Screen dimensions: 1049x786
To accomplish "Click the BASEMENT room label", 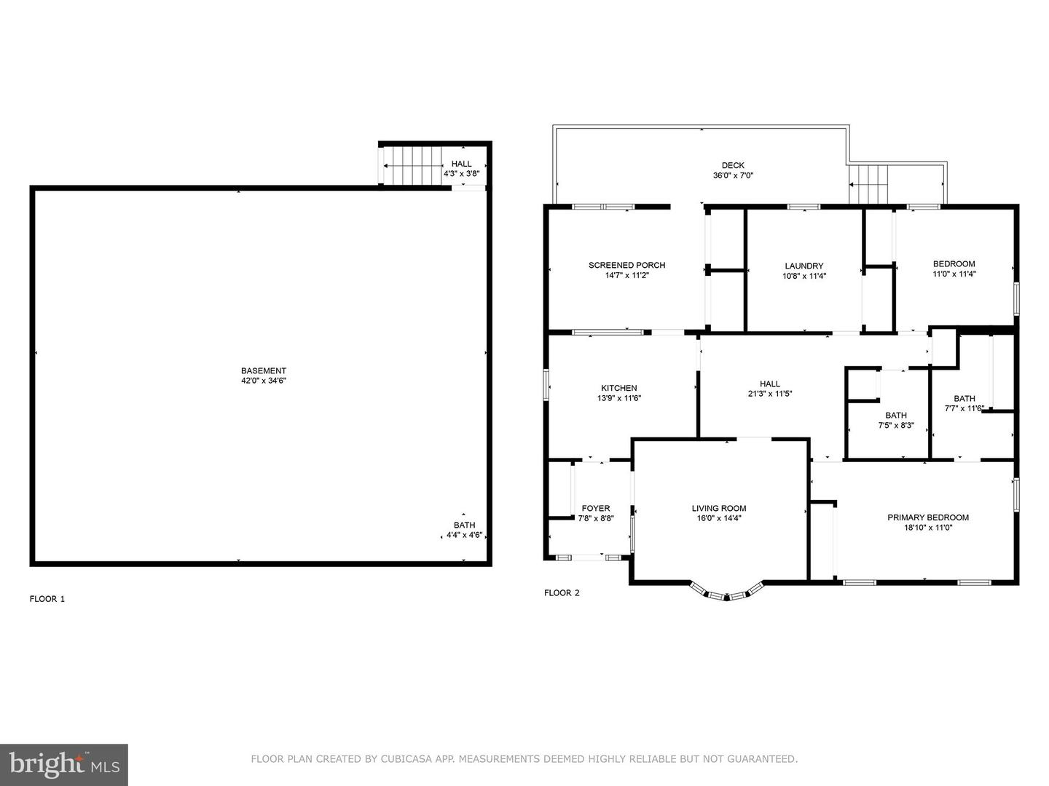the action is pos(263,370).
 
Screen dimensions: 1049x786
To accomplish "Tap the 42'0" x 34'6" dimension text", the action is pos(263,381).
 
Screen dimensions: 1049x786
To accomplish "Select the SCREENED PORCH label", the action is pos(626,265).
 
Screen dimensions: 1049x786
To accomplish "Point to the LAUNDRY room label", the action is pos(804,266).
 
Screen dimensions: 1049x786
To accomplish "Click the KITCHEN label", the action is pos(619,388).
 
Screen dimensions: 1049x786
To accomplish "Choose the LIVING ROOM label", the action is pos(719,508).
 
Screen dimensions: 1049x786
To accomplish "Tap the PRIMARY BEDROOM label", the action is pos(928,517).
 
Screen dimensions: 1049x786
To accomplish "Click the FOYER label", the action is pos(595,508).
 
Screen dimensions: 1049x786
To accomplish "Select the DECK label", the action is pos(733,165).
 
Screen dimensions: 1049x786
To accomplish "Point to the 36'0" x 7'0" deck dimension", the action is pos(733,175).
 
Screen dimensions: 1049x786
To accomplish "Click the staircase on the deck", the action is pos(868,184).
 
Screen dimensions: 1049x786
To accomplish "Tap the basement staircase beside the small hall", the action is pos(413,165).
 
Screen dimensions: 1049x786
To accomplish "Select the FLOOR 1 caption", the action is pos(47,599).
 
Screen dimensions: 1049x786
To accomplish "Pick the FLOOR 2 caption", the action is pos(562,592).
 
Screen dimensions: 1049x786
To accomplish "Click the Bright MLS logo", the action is pos(64,765).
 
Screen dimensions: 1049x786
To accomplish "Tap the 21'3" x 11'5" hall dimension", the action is pos(770,394).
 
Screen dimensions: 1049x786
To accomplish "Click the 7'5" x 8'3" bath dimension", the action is pos(896,425).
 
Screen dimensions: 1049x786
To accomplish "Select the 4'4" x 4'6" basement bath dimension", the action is pos(464,535).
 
